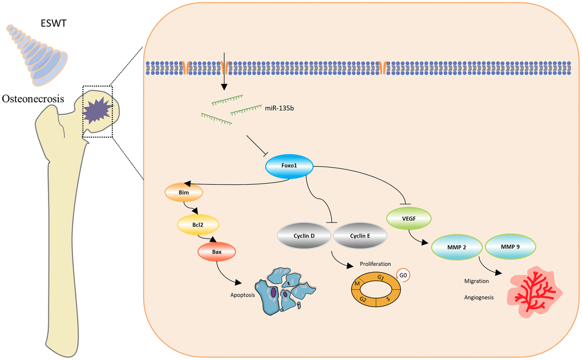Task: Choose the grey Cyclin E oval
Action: click(x=359, y=236)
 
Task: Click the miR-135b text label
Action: click(x=278, y=107)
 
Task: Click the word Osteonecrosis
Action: click(x=32, y=99)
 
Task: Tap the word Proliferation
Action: click(x=375, y=264)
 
